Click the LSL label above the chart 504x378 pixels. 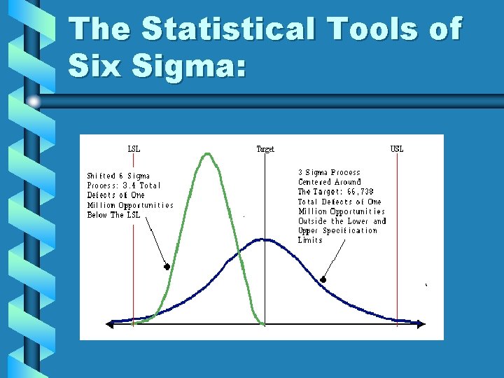coord(133,149)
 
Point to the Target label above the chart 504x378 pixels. coord(265,149)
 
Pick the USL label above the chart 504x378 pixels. coord(397,149)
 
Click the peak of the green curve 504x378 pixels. coord(208,155)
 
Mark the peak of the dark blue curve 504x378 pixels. coord(262,240)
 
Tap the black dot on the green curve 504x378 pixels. coord(167,267)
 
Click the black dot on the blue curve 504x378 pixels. coord(323,280)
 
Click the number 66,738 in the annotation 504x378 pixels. coord(358,192)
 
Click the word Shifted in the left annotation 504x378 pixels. coord(101,176)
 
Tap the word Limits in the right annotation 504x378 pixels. coord(310,240)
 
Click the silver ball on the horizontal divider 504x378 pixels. coord(34,102)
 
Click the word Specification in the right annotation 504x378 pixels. coord(350,230)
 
